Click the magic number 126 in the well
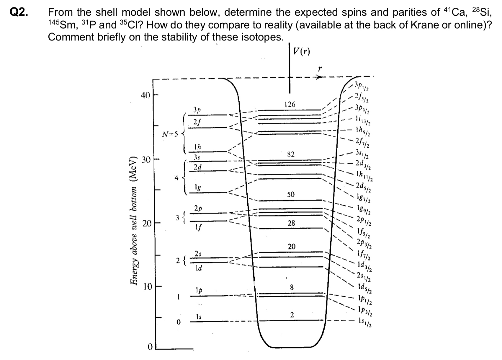click(290, 104)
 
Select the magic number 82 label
click(291, 154)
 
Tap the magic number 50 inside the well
click(291, 194)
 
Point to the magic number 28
click(291, 223)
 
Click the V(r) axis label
click(302, 52)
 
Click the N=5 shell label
click(170, 134)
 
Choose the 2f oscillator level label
click(197, 122)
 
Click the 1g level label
click(198, 187)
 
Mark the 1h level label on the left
click(197, 146)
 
